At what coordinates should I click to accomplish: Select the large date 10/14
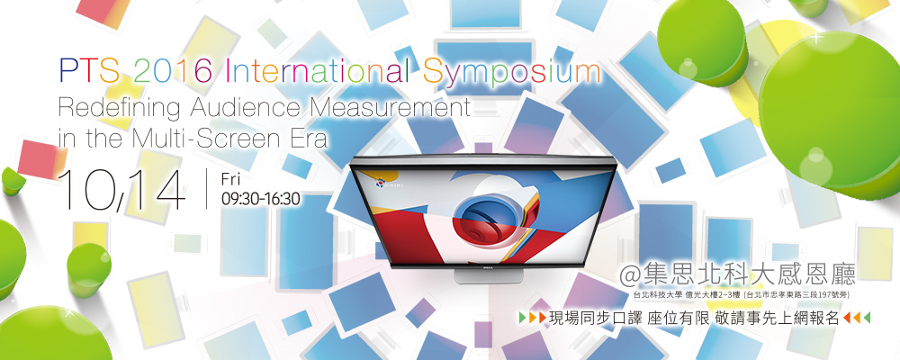tap(122, 189)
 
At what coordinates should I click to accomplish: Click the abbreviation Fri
tap(232, 179)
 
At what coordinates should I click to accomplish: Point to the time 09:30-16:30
tap(261, 199)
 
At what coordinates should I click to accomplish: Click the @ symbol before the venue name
tap(631, 275)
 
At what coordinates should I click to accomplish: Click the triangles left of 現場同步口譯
tap(532, 317)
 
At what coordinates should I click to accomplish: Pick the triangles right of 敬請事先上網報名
tap(857, 317)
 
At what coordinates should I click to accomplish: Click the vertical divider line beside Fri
tap(207, 189)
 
